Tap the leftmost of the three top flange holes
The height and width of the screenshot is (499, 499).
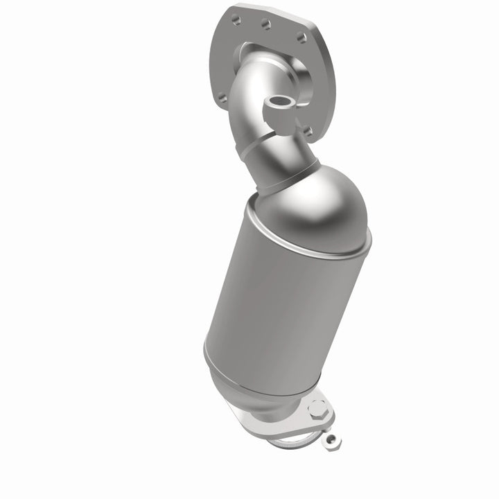click(x=238, y=19)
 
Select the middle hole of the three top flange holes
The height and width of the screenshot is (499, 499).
click(x=266, y=25)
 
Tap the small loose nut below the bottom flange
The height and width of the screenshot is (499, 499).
click(x=333, y=439)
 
